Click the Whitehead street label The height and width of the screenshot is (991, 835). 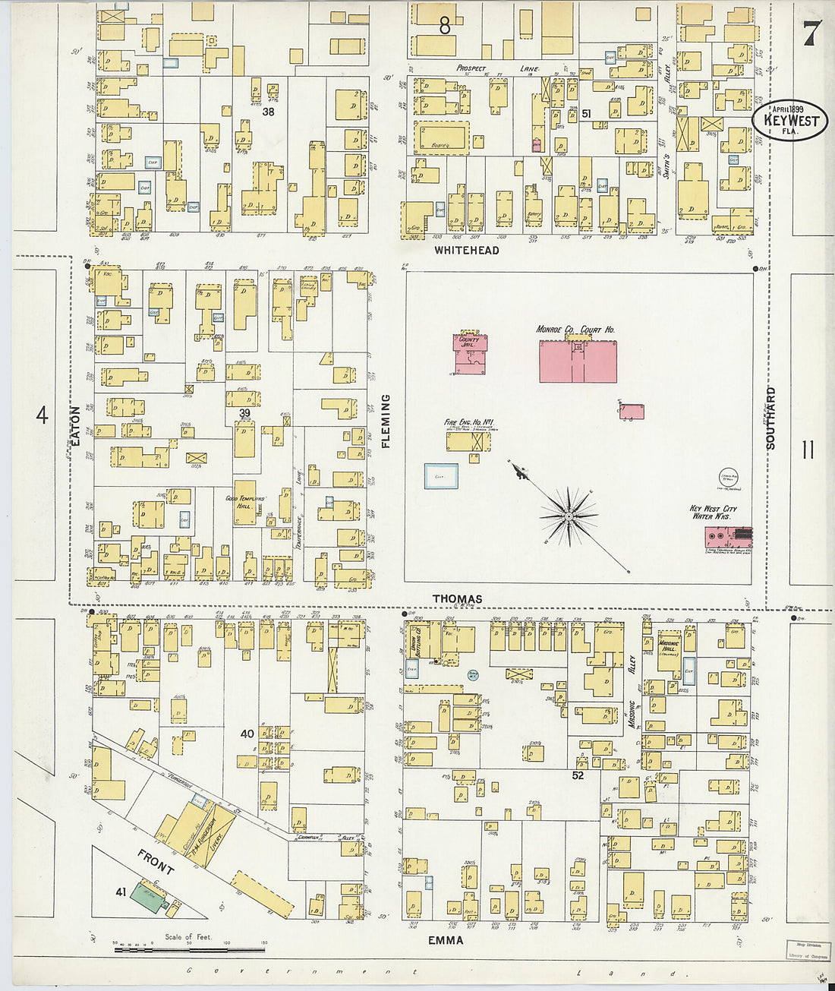[466, 250]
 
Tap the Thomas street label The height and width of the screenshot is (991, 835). [457, 599]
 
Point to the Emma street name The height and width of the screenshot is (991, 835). [445, 940]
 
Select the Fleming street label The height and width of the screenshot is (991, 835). [386, 421]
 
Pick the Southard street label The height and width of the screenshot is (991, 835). [771, 418]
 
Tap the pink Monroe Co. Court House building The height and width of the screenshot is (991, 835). [578, 361]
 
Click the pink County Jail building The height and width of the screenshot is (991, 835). [471, 355]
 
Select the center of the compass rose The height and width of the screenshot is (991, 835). [569, 517]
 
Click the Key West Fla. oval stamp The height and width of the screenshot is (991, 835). [790, 121]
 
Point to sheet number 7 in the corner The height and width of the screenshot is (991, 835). [811, 33]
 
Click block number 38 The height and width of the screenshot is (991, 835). [268, 112]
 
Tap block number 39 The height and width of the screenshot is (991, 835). [244, 413]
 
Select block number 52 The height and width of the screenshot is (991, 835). [578, 775]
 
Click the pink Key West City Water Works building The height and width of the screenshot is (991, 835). [727, 537]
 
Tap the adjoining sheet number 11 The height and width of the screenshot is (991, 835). [808, 450]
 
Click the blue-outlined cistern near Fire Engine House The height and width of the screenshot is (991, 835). [441, 476]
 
